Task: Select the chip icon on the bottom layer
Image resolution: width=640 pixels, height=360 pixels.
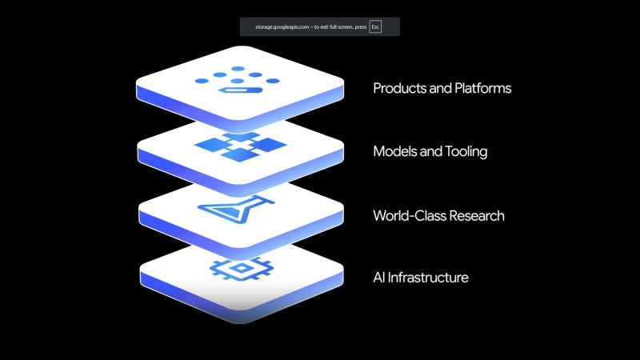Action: [234, 267]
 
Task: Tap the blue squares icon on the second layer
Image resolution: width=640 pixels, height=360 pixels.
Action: [240, 147]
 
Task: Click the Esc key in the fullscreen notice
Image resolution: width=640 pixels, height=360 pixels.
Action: [375, 26]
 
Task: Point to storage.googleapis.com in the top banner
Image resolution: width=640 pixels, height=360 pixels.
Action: [280, 26]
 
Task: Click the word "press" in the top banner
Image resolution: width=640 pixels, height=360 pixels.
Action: [359, 26]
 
